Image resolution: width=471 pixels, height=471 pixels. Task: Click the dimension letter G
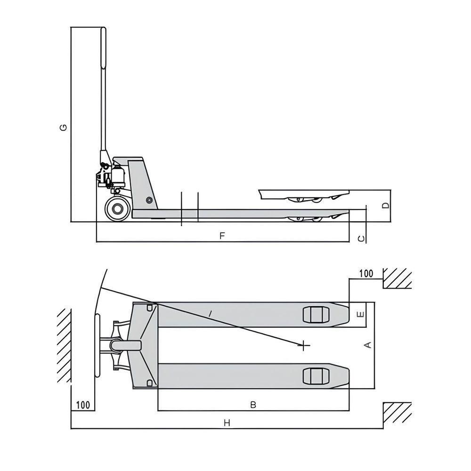pyautogui.click(x=64, y=127)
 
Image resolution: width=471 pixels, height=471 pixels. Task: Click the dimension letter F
pyautogui.click(x=222, y=235)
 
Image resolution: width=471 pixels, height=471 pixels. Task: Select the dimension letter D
pyautogui.click(x=385, y=206)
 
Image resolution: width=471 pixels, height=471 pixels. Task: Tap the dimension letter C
pyautogui.click(x=361, y=239)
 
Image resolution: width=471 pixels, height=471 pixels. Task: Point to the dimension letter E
pyautogui.click(x=360, y=314)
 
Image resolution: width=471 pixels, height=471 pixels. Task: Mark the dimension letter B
pyautogui.click(x=253, y=405)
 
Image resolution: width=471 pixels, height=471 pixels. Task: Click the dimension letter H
pyautogui.click(x=227, y=423)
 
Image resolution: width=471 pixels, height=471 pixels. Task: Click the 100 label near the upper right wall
pyautogui.click(x=366, y=274)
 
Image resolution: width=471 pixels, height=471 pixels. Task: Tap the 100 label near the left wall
pyautogui.click(x=82, y=405)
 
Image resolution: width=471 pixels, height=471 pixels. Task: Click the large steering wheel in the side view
pyautogui.click(x=117, y=209)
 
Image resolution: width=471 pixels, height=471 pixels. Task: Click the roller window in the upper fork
pyautogui.click(x=314, y=314)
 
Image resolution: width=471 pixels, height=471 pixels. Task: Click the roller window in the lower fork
pyautogui.click(x=314, y=376)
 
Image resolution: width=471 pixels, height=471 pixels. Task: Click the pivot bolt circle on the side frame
pyautogui.click(x=149, y=200)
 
